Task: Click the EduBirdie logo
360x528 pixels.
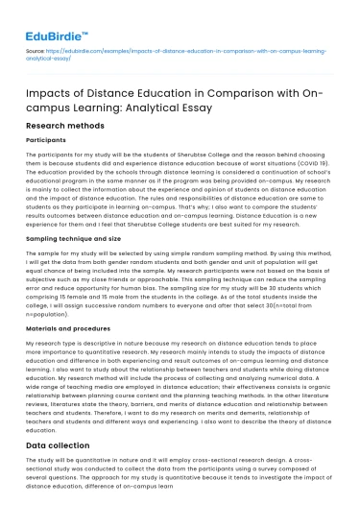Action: click(53, 20)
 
